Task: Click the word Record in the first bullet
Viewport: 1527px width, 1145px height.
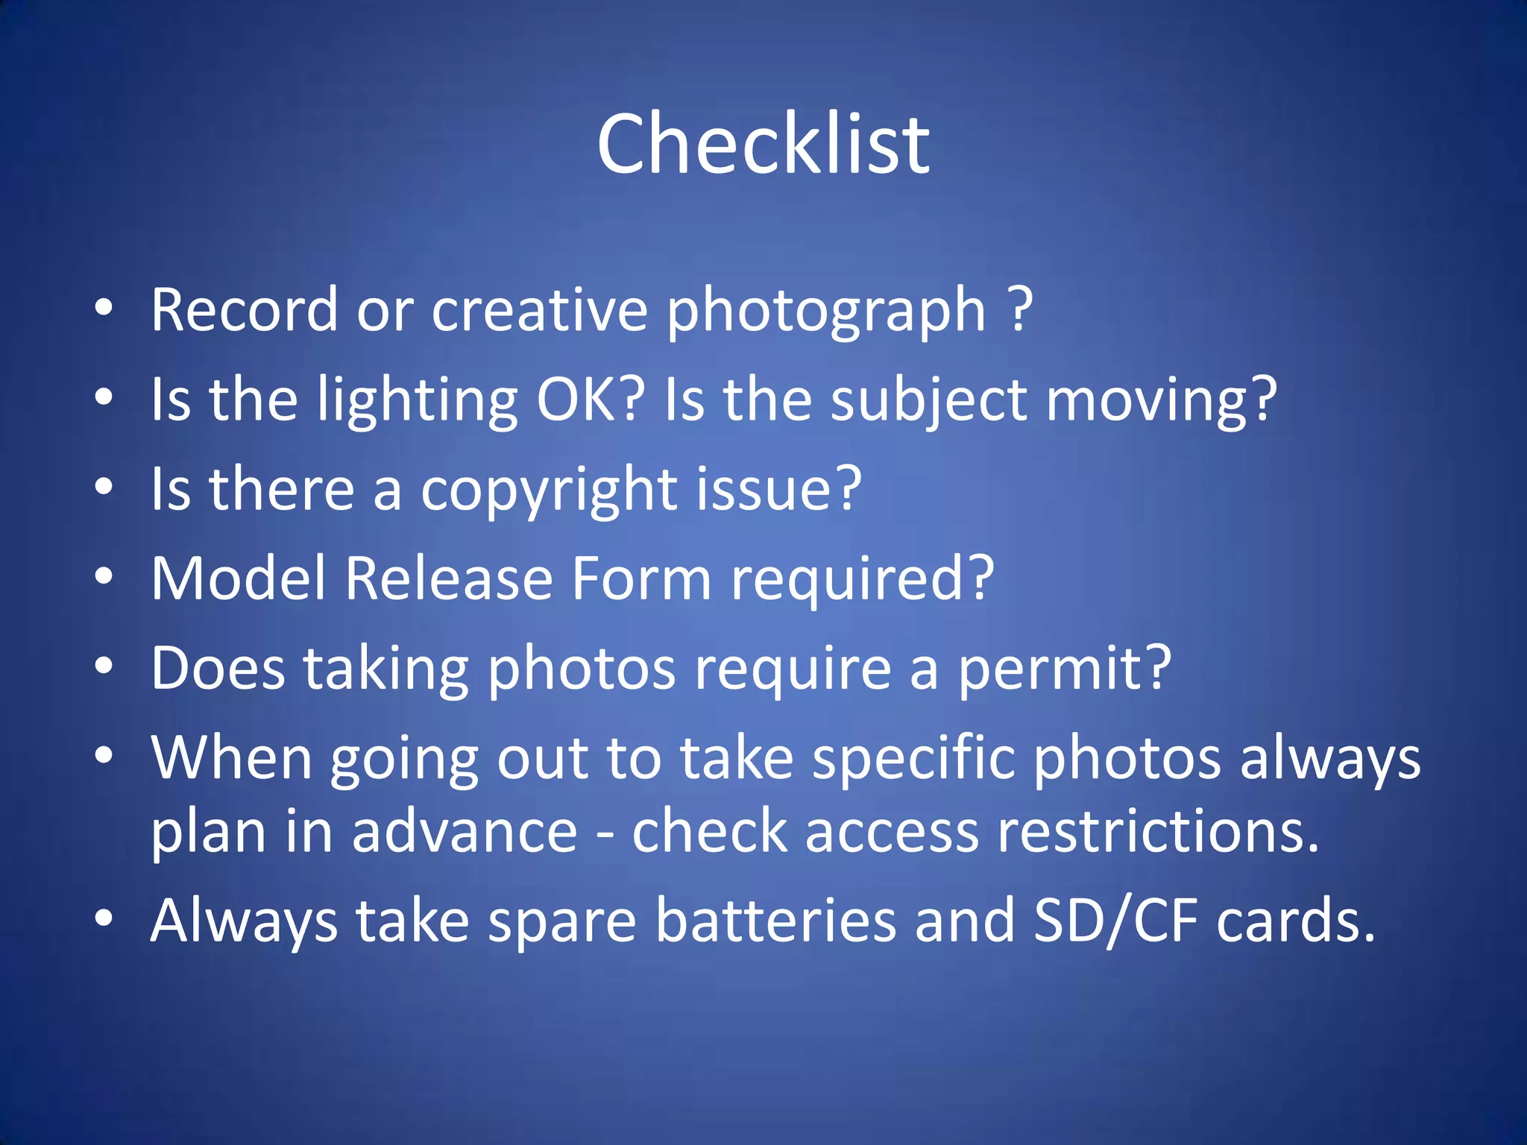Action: [x=245, y=309]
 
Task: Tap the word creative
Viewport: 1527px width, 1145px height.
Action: [x=540, y=309]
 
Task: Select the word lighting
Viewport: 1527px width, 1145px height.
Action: [x=418, y=400]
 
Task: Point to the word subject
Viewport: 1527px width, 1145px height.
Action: [x=929, y=400]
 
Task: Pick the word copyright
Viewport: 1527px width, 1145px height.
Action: [x=549, y=490]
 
